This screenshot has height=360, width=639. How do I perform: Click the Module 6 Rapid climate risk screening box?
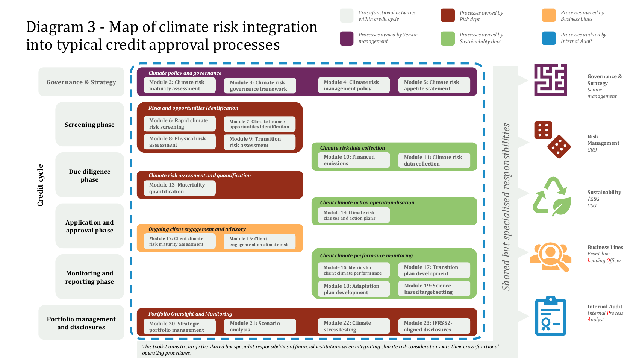tap(180, 124)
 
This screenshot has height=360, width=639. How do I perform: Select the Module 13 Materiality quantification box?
tap(180, 188)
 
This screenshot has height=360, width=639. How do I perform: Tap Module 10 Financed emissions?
tap(354, 160)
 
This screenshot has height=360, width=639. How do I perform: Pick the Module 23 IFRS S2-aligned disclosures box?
tap(434, 326)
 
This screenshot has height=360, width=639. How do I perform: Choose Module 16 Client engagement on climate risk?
tap(259, 242)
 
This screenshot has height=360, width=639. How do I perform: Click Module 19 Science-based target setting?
tap(434, 289)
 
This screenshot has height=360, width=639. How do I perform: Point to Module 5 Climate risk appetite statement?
tap(434, 85)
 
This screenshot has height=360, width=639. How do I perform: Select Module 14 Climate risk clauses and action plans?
tap(354, 215)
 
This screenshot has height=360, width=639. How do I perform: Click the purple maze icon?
tap(550, 80)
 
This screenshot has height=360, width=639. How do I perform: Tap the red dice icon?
tap(552, 140)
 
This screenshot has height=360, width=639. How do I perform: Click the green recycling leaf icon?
tap(552, 197)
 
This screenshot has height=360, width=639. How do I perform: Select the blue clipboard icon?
tap(550, 316)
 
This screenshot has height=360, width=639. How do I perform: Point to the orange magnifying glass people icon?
tap(551, 257)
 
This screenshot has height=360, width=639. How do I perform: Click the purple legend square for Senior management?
tap(347, 38)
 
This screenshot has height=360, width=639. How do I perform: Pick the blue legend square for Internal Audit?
tap(549, 38)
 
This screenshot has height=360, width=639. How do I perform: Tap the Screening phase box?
tap(90, 124)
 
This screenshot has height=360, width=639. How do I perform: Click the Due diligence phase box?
tap(90, 175)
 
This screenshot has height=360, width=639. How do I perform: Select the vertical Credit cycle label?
tap(40, 185)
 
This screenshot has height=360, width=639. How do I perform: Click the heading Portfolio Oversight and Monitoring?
tap(190, 314)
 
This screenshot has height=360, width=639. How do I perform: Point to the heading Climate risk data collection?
tap(352, 148)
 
